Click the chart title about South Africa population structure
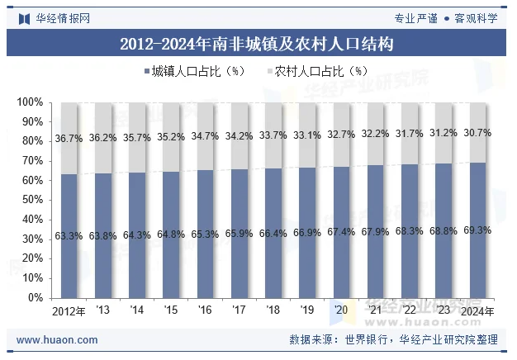coord(257,44)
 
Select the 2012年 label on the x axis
coord(69,311)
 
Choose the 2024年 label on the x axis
coord(477,311)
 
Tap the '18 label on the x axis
coord(273,311)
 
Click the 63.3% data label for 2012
coord(69,236)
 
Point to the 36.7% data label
coord(69,139)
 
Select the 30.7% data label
coord(477,133)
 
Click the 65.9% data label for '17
coord(239,234)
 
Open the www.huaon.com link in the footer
coord(57,339)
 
